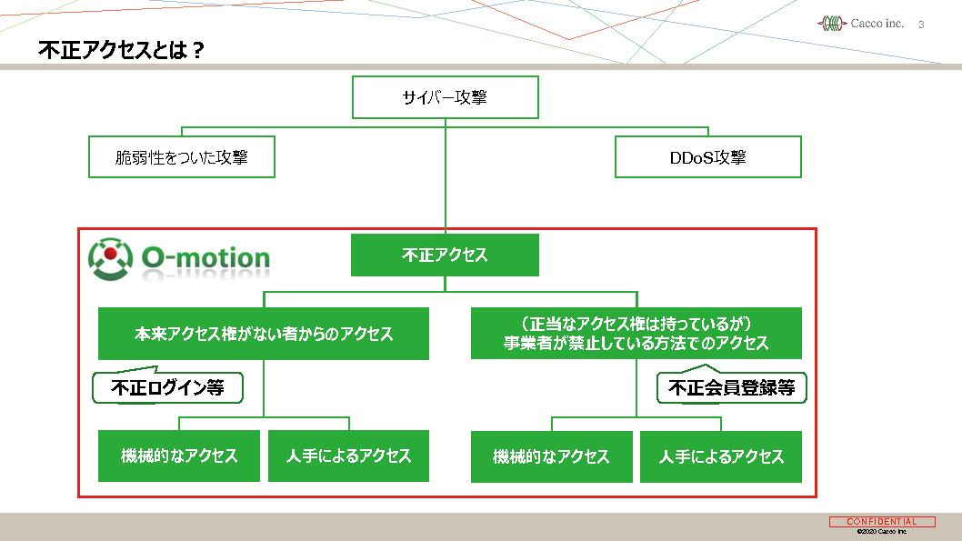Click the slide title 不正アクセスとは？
click(121, 51)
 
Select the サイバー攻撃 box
click(445, 97)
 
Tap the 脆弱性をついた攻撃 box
click(182, 157)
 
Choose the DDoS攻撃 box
click(707, 157)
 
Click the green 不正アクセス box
click(445, 255)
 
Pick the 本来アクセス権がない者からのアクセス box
click(264, 334)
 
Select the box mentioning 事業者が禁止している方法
click(636, 334)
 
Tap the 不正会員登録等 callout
click(731, 388)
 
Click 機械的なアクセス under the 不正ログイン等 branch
click(179, 456)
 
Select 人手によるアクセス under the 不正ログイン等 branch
click(348, 456)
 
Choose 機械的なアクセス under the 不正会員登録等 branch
click(551, 456)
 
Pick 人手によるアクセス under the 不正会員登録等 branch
click(721, 456)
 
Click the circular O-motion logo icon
click(110, 257)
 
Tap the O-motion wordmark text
click(205, 258)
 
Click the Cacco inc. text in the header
click(877, 24)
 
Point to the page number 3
click(921, 25)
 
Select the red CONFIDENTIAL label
click(881, 522)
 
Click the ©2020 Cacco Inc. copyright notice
click(881, 531)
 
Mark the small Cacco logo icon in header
click(831, 24)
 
